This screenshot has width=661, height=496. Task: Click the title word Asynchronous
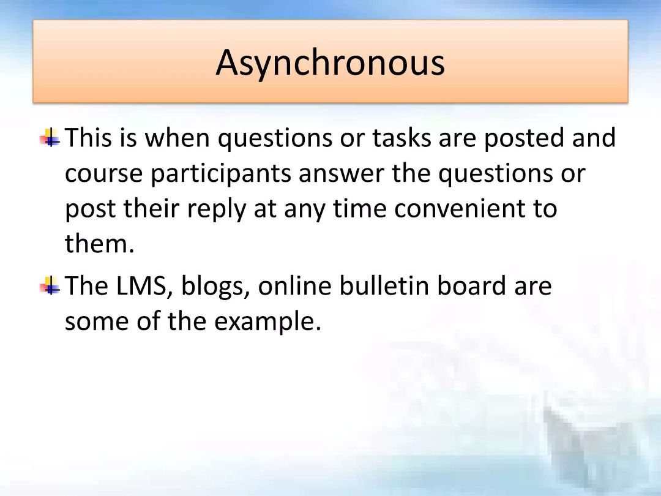pos(330,63)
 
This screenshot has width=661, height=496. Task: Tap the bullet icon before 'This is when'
pos(50,138)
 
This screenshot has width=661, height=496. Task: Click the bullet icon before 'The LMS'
pos(50,285)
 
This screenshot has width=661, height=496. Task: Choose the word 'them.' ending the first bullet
pos(100,244)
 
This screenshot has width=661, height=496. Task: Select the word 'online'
pos(294,285)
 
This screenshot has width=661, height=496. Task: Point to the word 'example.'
pos(267,322)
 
